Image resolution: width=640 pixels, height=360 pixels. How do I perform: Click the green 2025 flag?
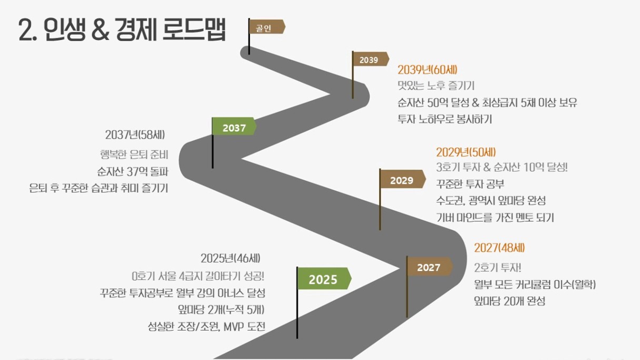[x=324, y=278]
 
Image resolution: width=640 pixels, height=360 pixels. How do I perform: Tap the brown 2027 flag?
[x=429, y=266]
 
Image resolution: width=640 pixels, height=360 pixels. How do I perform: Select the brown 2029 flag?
[x=402, y=179]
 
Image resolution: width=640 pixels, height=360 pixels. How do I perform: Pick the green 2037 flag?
[x=234, y=126]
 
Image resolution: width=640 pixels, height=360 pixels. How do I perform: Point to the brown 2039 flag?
[x=371, y=59]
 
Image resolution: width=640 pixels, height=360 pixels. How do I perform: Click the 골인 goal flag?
[x=266, y=27]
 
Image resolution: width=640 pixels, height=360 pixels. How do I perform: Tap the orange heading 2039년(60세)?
[x=427, y=69]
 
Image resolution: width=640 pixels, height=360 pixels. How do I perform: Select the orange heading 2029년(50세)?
[x=466, y=152]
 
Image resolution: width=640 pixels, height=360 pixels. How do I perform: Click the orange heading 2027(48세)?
[x=499, y=248]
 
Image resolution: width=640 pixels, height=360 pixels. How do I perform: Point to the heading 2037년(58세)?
[x=135, y=135]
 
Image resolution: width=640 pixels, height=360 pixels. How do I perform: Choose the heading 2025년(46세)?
[x=231, y=258]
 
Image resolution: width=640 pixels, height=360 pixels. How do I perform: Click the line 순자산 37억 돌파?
[x=133, y=172]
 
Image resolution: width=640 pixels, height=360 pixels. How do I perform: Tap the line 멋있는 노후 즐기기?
[x=436, y=85]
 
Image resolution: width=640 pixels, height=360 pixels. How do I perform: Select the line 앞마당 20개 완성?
[x=509, y=301]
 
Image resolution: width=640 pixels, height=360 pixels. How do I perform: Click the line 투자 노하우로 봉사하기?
[x=445, y=119]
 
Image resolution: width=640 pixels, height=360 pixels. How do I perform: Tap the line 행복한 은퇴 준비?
[x=134, y=155]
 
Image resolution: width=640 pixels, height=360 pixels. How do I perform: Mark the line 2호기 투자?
[x=498, y=268]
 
